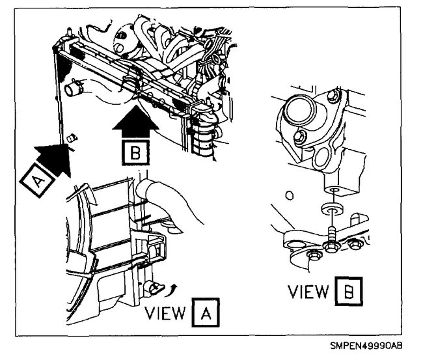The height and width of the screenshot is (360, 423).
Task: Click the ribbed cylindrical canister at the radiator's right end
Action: click(x=206, y=137)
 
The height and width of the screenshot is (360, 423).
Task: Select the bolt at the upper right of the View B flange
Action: click(x=334, y=98)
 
